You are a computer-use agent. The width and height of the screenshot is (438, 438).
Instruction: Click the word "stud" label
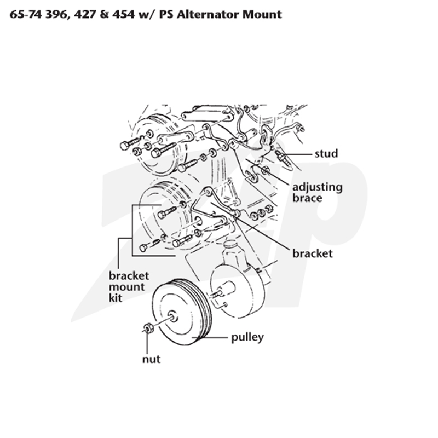(326, 153)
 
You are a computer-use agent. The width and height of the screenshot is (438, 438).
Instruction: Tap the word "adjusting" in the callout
(318, 188)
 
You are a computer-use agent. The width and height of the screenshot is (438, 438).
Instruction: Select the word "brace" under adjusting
(307, 198)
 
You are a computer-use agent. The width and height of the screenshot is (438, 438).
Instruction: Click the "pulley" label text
(247, 338)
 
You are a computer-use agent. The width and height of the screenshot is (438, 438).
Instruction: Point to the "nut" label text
(151, 359)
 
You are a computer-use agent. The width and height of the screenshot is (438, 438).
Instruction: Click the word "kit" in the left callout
(116, 297)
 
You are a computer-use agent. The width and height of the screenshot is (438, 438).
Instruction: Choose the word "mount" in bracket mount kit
(126, 287)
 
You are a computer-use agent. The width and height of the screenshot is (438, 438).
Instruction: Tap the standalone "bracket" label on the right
(312, 253)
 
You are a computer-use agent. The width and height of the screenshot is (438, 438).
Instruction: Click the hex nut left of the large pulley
(148, 327)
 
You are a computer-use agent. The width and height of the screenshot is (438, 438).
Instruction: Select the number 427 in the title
(84, 14)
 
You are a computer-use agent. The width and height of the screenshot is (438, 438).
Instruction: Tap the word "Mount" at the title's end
(262, 14)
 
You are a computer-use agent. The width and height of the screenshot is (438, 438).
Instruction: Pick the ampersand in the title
(103, 14)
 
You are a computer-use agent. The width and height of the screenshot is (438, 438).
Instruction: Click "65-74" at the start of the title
(26, 14)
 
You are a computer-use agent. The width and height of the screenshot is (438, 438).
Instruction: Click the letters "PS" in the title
(166, 14)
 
